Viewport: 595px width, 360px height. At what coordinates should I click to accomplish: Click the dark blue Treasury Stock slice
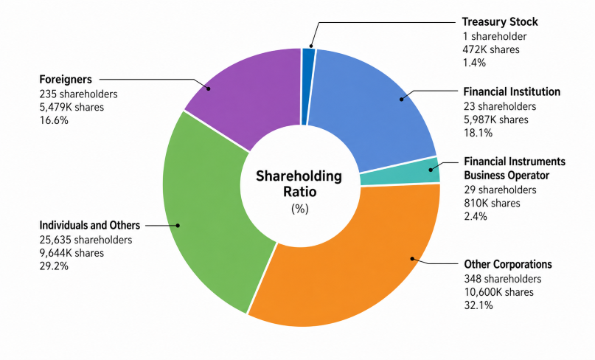pos(308,86)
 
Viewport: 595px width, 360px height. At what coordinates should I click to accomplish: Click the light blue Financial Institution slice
pos(376,106)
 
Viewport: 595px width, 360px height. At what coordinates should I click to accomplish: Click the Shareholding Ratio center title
pos(299,184)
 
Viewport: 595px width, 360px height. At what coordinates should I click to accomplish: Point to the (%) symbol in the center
pos(300,209)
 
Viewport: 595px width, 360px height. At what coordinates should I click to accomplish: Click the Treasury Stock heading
pos(500,21)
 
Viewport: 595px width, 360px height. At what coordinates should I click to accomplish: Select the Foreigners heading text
pos(66,80)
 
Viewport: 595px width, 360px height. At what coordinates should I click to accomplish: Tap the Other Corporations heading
pos(508,264)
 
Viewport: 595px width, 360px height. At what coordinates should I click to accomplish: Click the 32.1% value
pos(478,305)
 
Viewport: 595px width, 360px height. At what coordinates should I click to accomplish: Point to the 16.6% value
pos(54,120)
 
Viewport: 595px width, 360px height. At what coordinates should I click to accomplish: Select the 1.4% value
pos(474,63)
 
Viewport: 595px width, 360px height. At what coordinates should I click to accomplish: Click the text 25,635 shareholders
pos(86,240)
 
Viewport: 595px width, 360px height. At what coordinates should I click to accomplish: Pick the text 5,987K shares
pos(495,120)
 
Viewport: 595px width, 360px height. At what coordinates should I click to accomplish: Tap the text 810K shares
pos(492,203)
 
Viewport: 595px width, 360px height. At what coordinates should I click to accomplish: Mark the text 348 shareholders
pos(502,279)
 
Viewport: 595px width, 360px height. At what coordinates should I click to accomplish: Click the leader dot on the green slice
pos(178,226)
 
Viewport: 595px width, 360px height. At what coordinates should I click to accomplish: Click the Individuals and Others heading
pos(89,226)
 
